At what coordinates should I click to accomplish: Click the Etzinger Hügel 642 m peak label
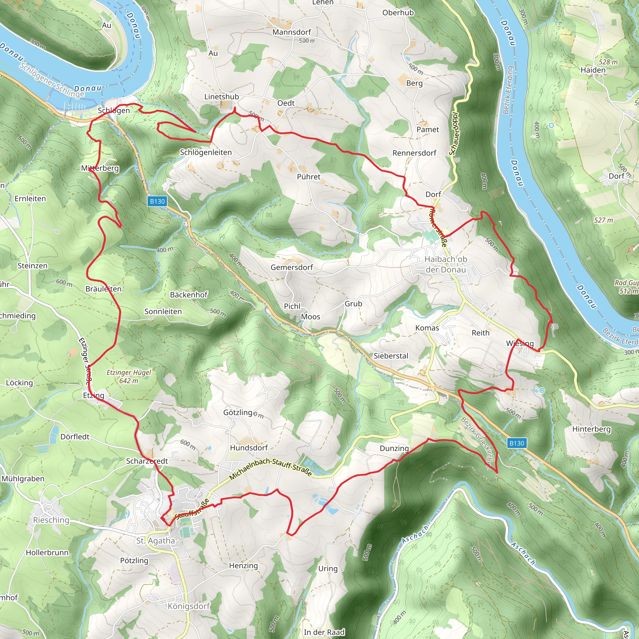(x=128, y=376)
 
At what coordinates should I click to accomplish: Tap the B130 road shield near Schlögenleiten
(x=157, y=201)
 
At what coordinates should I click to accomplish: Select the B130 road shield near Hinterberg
(x=517, y=443)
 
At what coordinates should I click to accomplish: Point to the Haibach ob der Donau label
(x=446, y=264)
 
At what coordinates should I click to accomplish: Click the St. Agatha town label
(x=155, y=540)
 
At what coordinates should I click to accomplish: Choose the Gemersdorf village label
(x=291, y=267)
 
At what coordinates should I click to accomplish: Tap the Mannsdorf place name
(x=291, y=32)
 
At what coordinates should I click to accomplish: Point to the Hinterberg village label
(x=591, y=429)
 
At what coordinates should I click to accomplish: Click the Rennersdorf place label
(x=414, y=153)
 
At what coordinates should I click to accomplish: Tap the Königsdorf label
(x=188, y=606)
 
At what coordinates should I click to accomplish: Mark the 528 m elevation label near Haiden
(x=608, y=62)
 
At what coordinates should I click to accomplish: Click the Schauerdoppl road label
(x=454, y=134)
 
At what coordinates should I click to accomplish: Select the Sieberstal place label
(x=391, y=356)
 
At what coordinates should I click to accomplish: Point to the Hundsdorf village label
(x=249, y=447)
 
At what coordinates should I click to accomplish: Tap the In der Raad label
(x=324, y=632)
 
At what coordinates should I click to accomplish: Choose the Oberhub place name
(x=398, y=12)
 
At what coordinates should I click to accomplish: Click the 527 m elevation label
(x=603, y=220)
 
